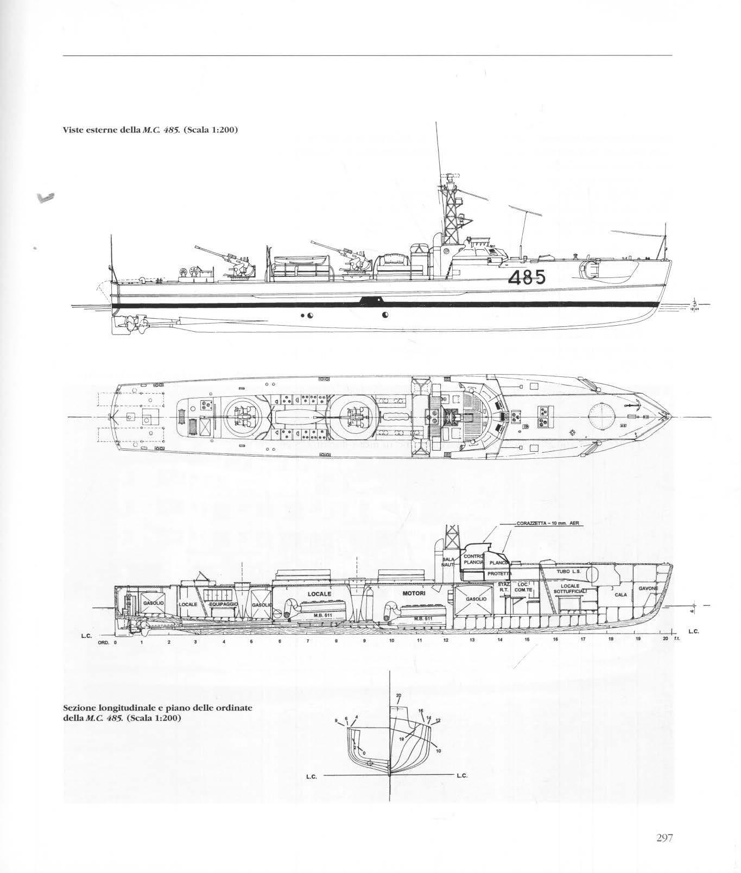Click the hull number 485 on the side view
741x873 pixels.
coord(527,278)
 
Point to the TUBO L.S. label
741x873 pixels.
coord(568,572)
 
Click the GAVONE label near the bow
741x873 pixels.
coord(649,589)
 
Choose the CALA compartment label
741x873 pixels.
coord(621,594)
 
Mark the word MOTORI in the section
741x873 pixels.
coord(414,593)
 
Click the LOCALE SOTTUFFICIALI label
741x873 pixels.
coord(568,589)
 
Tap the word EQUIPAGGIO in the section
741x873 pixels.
coord(224,604)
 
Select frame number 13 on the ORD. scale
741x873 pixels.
coord(472,641)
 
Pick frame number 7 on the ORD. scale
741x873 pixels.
coord(308,641)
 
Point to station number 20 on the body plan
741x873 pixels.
coord(398,695)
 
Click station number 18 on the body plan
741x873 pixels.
coord(402,739)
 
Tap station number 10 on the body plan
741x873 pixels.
coord(439,751)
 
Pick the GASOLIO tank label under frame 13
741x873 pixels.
coord(476,598)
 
